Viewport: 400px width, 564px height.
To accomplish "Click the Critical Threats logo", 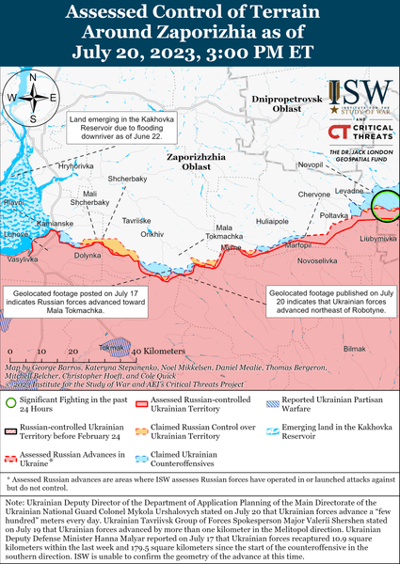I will [x=358, y=133].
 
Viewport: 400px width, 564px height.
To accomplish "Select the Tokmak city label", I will [x=113, y=347].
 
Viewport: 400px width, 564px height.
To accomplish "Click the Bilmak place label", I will [x=354, y=348].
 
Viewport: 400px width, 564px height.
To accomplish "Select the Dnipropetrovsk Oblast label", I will [x=287, y=104].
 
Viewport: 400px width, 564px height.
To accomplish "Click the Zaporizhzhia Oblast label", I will [x=196, y=161].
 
